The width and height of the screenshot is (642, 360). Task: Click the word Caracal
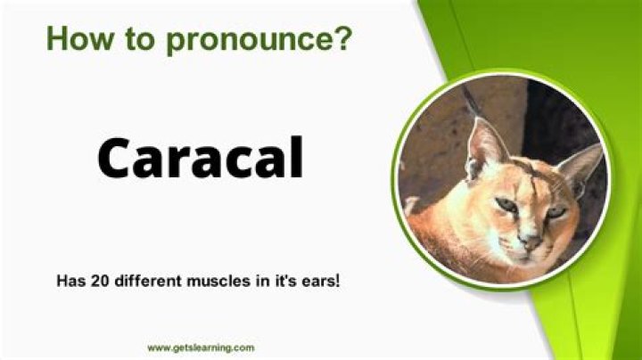[x=200, y=159]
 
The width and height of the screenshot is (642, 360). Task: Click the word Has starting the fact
[x=70, y=281]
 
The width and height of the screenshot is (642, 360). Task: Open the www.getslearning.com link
[x=201, y=348]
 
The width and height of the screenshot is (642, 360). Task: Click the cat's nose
[x=532, y=239]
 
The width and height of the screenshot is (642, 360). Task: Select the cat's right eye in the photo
[x=556, y=211]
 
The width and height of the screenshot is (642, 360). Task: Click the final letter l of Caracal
[x=296, y=157]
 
